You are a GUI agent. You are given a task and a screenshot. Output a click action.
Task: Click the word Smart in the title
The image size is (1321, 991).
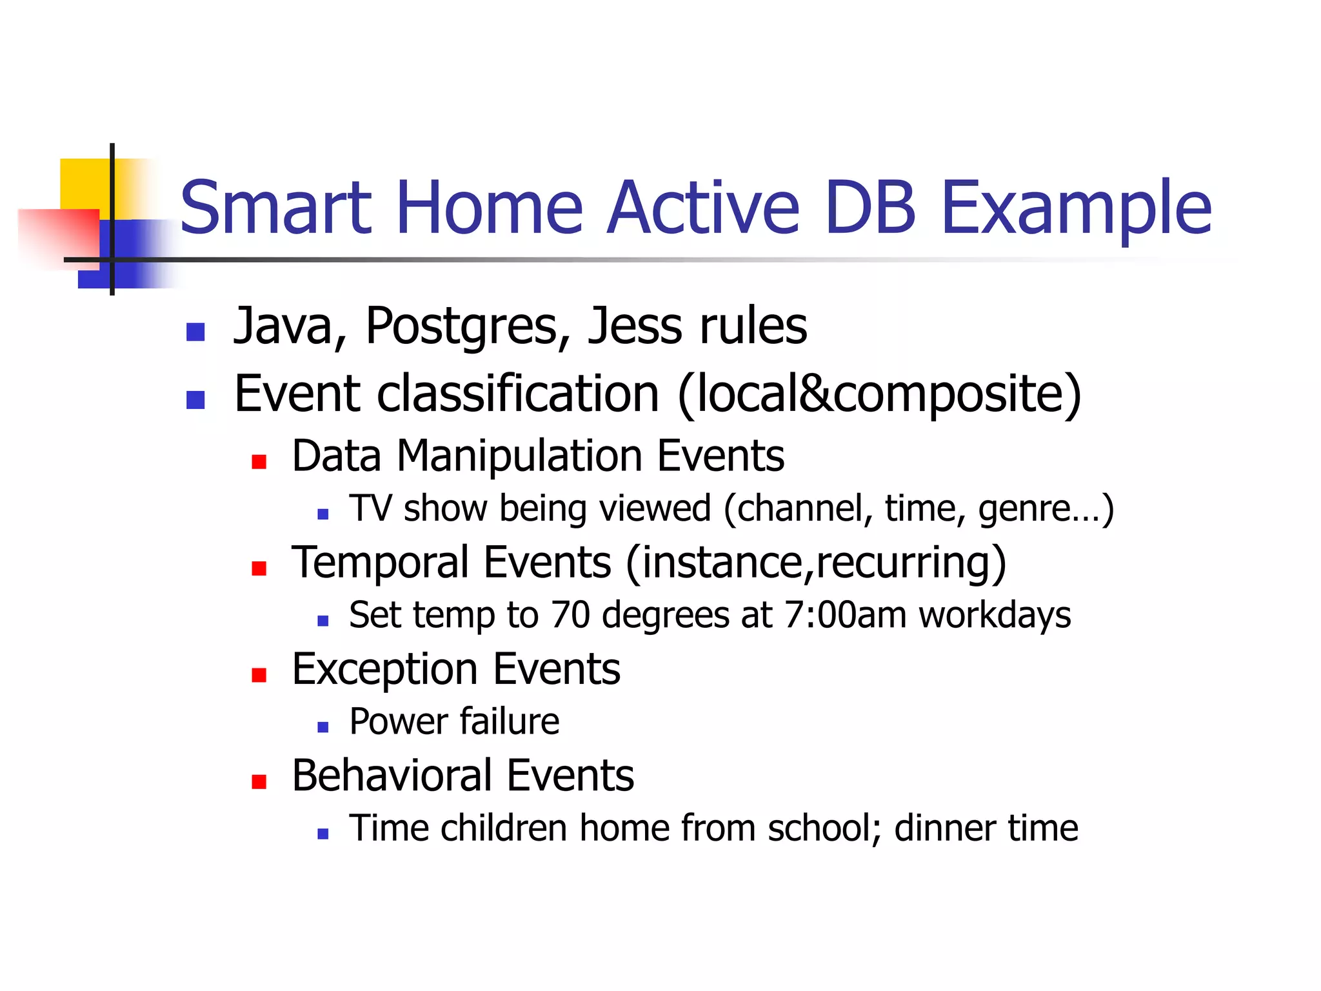[276, 208]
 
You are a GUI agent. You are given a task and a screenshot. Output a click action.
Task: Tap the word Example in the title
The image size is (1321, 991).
[1076, 208]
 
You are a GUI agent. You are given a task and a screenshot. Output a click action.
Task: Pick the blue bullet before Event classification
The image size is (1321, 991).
[195, 400]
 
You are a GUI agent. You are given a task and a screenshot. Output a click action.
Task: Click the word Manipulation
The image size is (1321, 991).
[519, 457]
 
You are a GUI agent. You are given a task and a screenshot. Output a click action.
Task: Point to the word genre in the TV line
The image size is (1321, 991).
[1023, 508]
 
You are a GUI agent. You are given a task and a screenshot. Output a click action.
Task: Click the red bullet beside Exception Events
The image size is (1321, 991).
[259, 675]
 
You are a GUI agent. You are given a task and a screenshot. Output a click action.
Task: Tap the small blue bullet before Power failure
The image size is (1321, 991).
[323, 728]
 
